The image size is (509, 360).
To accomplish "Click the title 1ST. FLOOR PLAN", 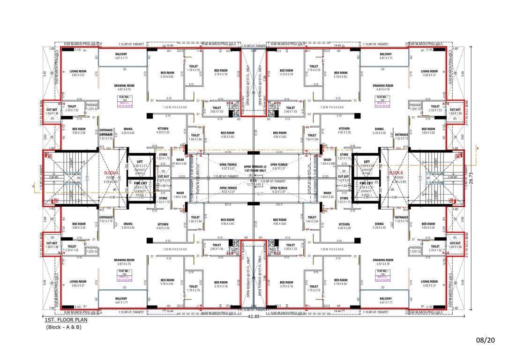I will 66,320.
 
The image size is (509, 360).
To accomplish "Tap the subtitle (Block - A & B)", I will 64,327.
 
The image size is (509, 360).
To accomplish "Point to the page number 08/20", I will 486,340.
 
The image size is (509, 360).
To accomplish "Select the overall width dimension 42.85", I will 254,316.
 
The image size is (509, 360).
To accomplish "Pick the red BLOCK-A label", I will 111,173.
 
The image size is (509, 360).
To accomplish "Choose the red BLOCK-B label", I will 396,173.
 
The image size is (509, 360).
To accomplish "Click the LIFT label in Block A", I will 140,162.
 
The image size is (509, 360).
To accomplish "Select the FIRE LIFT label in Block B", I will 366,183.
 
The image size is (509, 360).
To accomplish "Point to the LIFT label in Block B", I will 367,162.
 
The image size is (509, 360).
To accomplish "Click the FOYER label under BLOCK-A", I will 110,178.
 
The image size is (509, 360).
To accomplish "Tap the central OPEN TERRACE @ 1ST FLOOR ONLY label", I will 254,168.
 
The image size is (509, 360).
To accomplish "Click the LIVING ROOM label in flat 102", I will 78,282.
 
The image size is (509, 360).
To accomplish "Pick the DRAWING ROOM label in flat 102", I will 124,260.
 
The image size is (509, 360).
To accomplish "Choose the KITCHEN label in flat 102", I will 163,225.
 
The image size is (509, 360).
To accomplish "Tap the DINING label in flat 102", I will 128,225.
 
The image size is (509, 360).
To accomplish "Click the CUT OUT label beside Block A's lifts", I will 164,177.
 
